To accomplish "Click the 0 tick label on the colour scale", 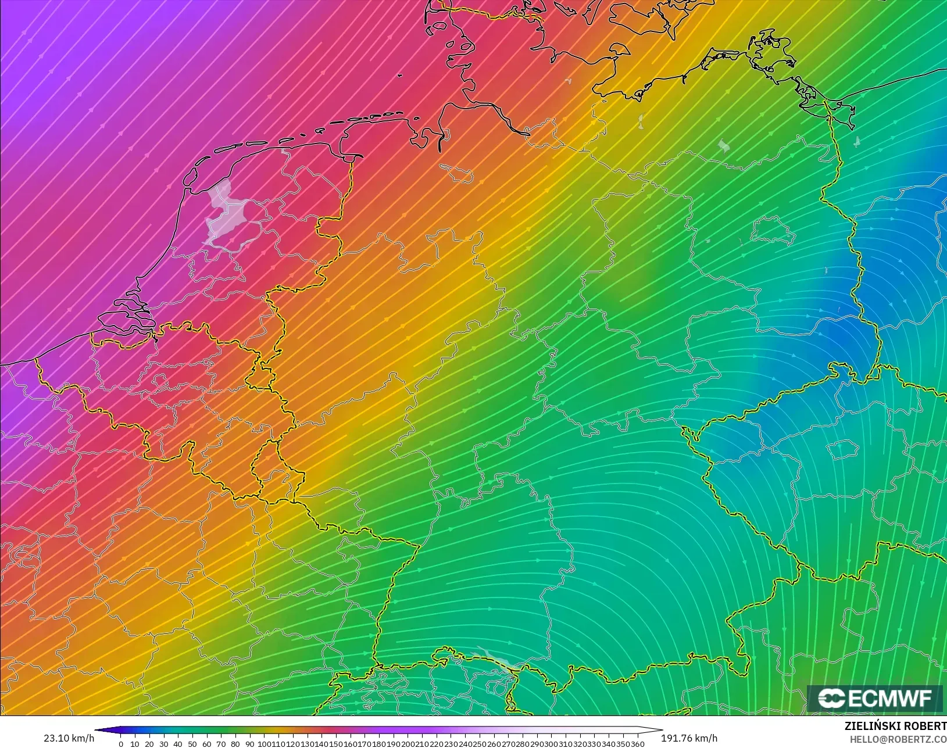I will click(x=121, y=744).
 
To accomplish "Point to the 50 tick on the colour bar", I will click(x=192, y=744).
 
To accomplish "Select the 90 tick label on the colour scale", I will click(x=249, y=744).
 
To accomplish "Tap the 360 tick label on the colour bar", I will click(x=638, y=744).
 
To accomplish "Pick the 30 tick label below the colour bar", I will click(x=164, y=744).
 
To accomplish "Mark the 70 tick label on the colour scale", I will click(x=221, y=744).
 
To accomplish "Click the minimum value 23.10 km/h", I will click(x=69, y=738).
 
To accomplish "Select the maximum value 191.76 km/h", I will click(x=689, y=738).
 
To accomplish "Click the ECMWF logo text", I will click(x=889, y=699).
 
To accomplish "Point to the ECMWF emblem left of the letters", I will click(x=832, y=699).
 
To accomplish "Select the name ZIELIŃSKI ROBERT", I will click(x=895, y=726).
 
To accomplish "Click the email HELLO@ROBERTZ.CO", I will click(x=898, y=739).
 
